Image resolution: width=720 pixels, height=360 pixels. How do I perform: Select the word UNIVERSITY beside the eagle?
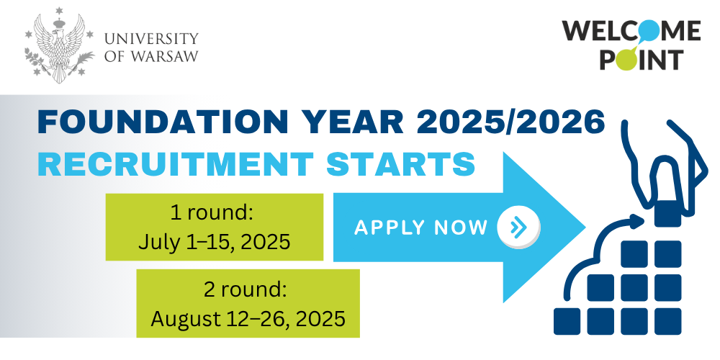[x=151, y=37]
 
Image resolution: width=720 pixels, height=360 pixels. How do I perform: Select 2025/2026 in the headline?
[x=510, y=122]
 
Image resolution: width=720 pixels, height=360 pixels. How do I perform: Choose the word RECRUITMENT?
[x=176, y=164]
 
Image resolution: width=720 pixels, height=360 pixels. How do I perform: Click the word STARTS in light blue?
[x=400, y=164]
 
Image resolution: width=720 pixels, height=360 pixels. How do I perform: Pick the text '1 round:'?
[x=212, y=213]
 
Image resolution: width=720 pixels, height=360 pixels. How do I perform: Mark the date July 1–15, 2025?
[x=215, y=241]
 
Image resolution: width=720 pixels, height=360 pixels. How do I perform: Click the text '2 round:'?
[x=246, y=289]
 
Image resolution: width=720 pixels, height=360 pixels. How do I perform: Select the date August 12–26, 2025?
[x=248, y=318]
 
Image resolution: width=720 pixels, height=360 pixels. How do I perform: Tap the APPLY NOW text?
[x=420, y=228]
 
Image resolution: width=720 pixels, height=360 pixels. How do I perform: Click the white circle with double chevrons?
[x=518, y=227]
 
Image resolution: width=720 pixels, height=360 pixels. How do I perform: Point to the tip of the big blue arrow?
[x=585, y=228]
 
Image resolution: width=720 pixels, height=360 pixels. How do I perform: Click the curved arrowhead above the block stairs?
[x=636, y=221]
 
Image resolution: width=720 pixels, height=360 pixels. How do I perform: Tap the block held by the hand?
[x=667, y=214]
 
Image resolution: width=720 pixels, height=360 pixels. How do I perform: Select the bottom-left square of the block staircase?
[x=567, y=321]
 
